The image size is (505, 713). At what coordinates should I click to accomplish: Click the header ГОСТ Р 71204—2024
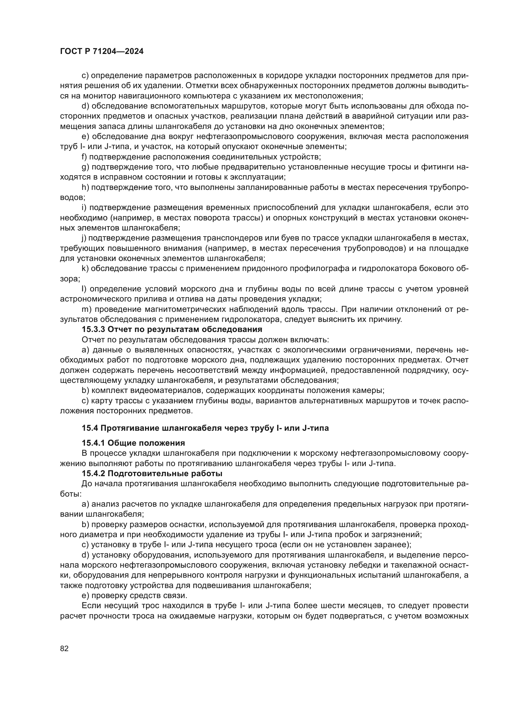coord(102,52)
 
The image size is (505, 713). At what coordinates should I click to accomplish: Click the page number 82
coord(64,648)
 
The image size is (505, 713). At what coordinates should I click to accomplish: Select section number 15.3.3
coord(93,329)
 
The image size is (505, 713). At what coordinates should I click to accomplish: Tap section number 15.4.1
coord(93,443)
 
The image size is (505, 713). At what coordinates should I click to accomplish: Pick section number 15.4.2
coord(93,474)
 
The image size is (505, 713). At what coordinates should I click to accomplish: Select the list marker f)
coord(84,157)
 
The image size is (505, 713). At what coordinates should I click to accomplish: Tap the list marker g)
coord(85,167)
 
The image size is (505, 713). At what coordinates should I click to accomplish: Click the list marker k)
coord(85,269)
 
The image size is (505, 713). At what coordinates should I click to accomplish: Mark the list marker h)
coord(85,187)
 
